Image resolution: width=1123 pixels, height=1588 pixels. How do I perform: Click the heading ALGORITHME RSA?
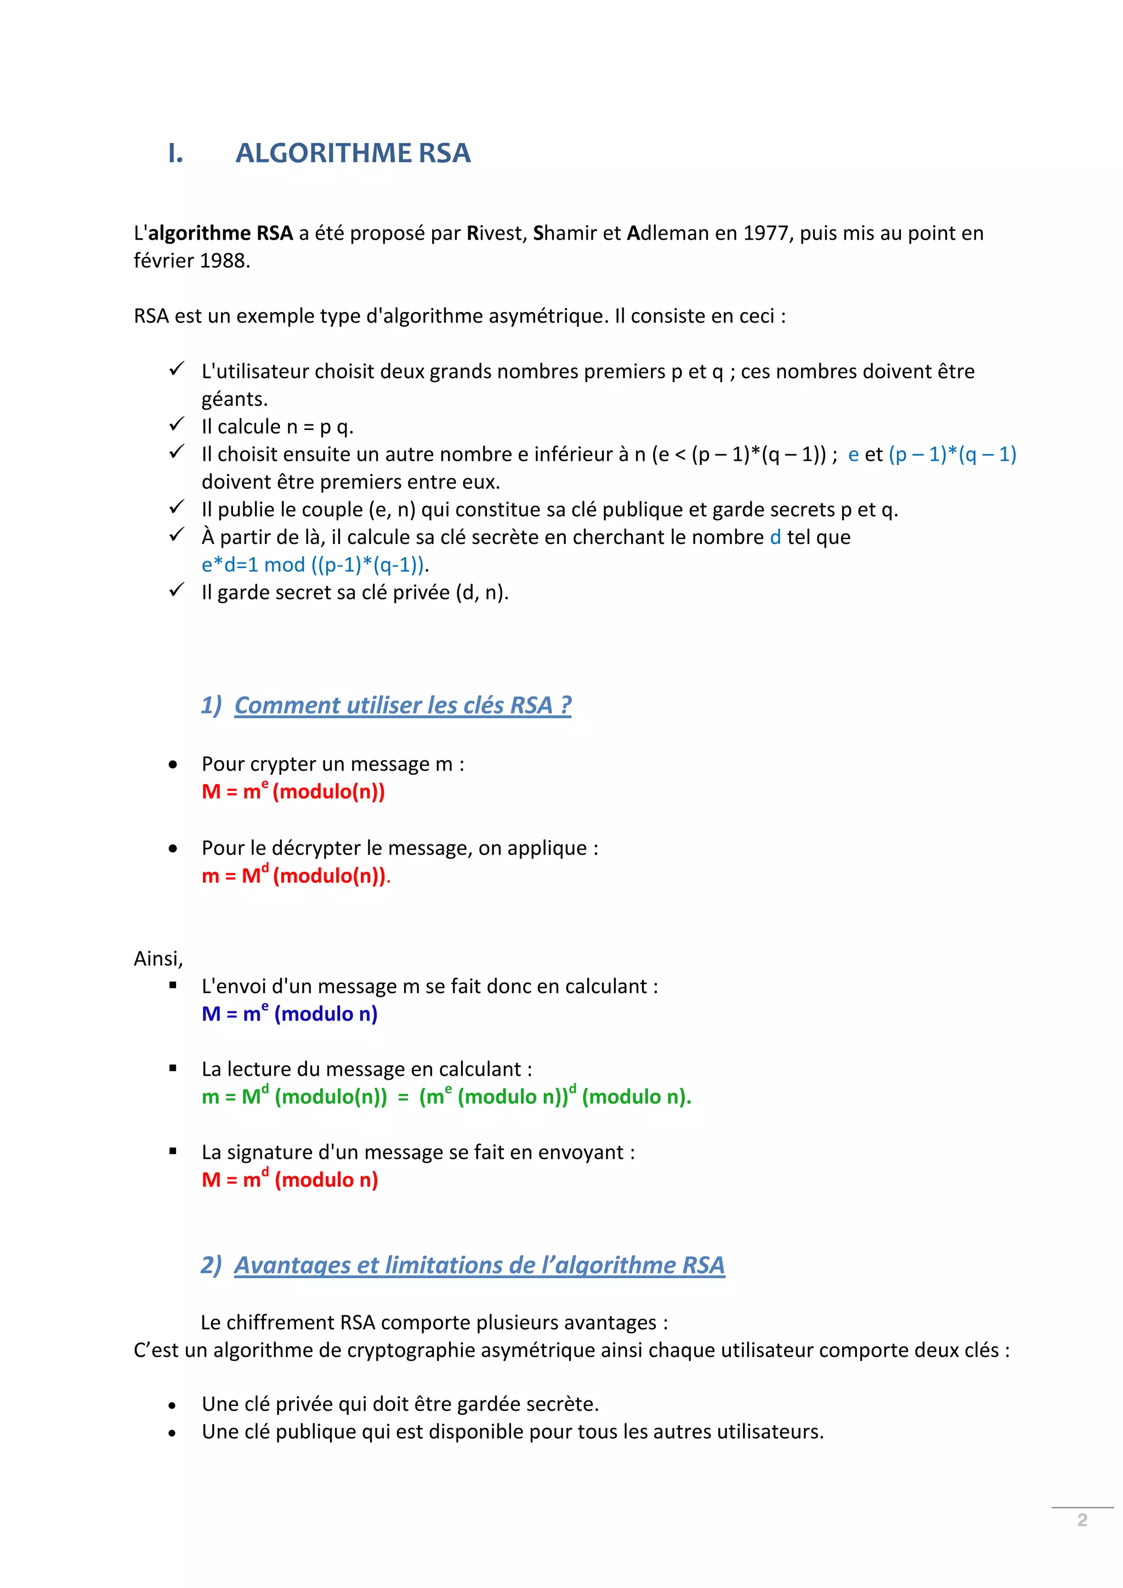tap(353, 153)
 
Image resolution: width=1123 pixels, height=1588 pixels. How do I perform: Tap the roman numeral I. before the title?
tap(175, 154)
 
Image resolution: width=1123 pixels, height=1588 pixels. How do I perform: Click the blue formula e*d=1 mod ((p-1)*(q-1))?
tap(313, 565)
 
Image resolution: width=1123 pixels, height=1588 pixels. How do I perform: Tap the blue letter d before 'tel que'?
tap(775, 537)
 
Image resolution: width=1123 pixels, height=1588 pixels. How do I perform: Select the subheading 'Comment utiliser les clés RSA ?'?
tap(402, 705)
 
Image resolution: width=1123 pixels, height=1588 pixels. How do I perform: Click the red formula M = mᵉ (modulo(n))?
tap(293, 791)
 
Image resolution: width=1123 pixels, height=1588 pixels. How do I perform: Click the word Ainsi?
tap(158, 959)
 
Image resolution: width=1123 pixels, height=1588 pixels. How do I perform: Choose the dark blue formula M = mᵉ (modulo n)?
tap(290, 1014)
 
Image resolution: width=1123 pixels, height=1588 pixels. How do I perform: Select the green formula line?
tap(446, 1097)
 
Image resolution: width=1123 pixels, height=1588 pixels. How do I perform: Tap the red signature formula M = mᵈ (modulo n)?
tap(290, 1180)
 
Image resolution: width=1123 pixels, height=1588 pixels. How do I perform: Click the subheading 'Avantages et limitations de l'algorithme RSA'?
tap(479, 1265)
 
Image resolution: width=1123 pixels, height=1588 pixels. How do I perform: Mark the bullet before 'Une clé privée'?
tap(172, 1405)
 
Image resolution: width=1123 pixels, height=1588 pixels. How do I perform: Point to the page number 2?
tap(1082, 1520)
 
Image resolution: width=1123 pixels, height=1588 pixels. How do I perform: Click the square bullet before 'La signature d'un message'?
tap(173, 1152)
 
